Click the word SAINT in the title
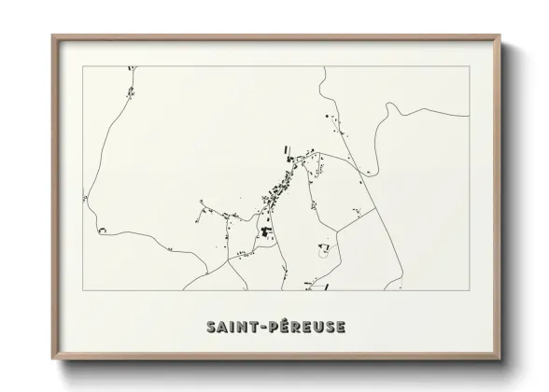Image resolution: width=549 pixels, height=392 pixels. pos(233,327)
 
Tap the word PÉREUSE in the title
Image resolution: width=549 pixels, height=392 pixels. pos(306,327)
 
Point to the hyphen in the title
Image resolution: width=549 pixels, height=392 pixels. pos(264,328)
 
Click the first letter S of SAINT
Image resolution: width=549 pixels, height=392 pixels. pos(210,327)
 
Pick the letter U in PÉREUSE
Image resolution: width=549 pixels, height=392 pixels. pos(316,327)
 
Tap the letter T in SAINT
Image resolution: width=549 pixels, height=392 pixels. pos(256,327)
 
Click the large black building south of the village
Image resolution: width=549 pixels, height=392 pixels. pos(265,230)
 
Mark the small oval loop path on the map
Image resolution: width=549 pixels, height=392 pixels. pos(324,250)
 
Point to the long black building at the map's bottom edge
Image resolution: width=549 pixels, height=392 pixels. pos(309,283)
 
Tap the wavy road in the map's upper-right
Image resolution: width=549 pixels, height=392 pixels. pos(401,112)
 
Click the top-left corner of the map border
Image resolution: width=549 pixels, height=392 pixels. pos(82,66)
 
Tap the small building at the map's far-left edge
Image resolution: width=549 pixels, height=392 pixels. pos(85,198)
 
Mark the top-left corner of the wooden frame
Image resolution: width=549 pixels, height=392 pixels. pos(52,36)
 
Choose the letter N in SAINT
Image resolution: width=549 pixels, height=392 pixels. pos(245,327)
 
